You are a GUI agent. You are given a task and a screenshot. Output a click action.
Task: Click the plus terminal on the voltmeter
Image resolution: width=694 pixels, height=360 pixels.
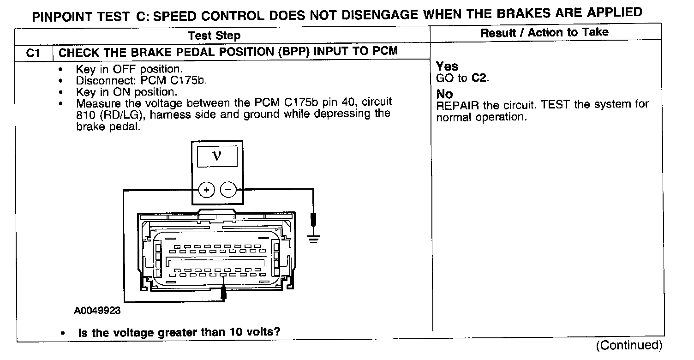(x=206, y=190)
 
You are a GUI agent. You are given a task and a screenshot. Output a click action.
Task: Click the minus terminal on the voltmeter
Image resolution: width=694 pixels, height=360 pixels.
(x=227, y=190)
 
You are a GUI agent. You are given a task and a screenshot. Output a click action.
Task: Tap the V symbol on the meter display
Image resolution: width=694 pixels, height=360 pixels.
(x=217, y=156)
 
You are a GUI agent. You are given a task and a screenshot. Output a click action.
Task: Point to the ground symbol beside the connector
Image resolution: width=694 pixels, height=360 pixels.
(x=314, y=239)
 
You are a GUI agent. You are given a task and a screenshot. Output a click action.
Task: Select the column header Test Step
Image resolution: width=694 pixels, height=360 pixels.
(x=214, y=36)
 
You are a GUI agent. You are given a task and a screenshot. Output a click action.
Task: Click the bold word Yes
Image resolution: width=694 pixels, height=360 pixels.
(x=447, y=66)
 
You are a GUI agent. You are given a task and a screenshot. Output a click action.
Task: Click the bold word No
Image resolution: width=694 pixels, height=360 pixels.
(x=445, y=94)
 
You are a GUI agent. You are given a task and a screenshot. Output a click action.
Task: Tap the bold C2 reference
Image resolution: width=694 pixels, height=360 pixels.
(x=479, y=78)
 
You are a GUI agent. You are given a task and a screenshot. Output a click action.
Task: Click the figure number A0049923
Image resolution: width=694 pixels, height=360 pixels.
(x=97, y=311)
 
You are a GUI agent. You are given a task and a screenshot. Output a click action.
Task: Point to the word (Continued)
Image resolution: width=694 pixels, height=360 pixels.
(x=629, y=345)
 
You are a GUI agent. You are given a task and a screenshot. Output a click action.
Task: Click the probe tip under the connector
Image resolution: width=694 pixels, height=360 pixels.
(x=224, y=293)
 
